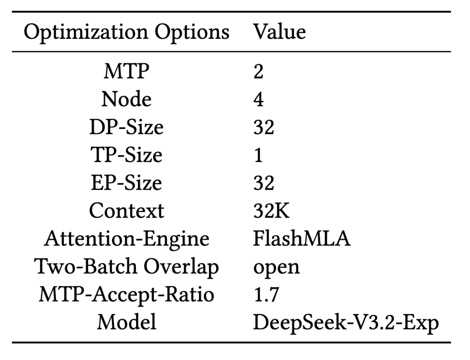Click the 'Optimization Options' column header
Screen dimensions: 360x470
(x=126, y=33)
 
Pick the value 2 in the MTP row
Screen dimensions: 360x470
(x=258, y=72)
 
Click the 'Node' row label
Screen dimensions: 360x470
(x=126, y=100)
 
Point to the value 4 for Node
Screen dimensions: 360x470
(x=258, y=100)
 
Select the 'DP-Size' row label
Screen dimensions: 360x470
(x=126, y=128)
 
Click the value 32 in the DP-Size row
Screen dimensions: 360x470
(x=264, y=128)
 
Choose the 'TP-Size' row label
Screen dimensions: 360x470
(x=126, y=155)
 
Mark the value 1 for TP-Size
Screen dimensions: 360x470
(x=258, y=155)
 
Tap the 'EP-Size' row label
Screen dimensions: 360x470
(x=126, y=183)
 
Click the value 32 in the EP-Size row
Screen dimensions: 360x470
(x=264, y=183)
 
